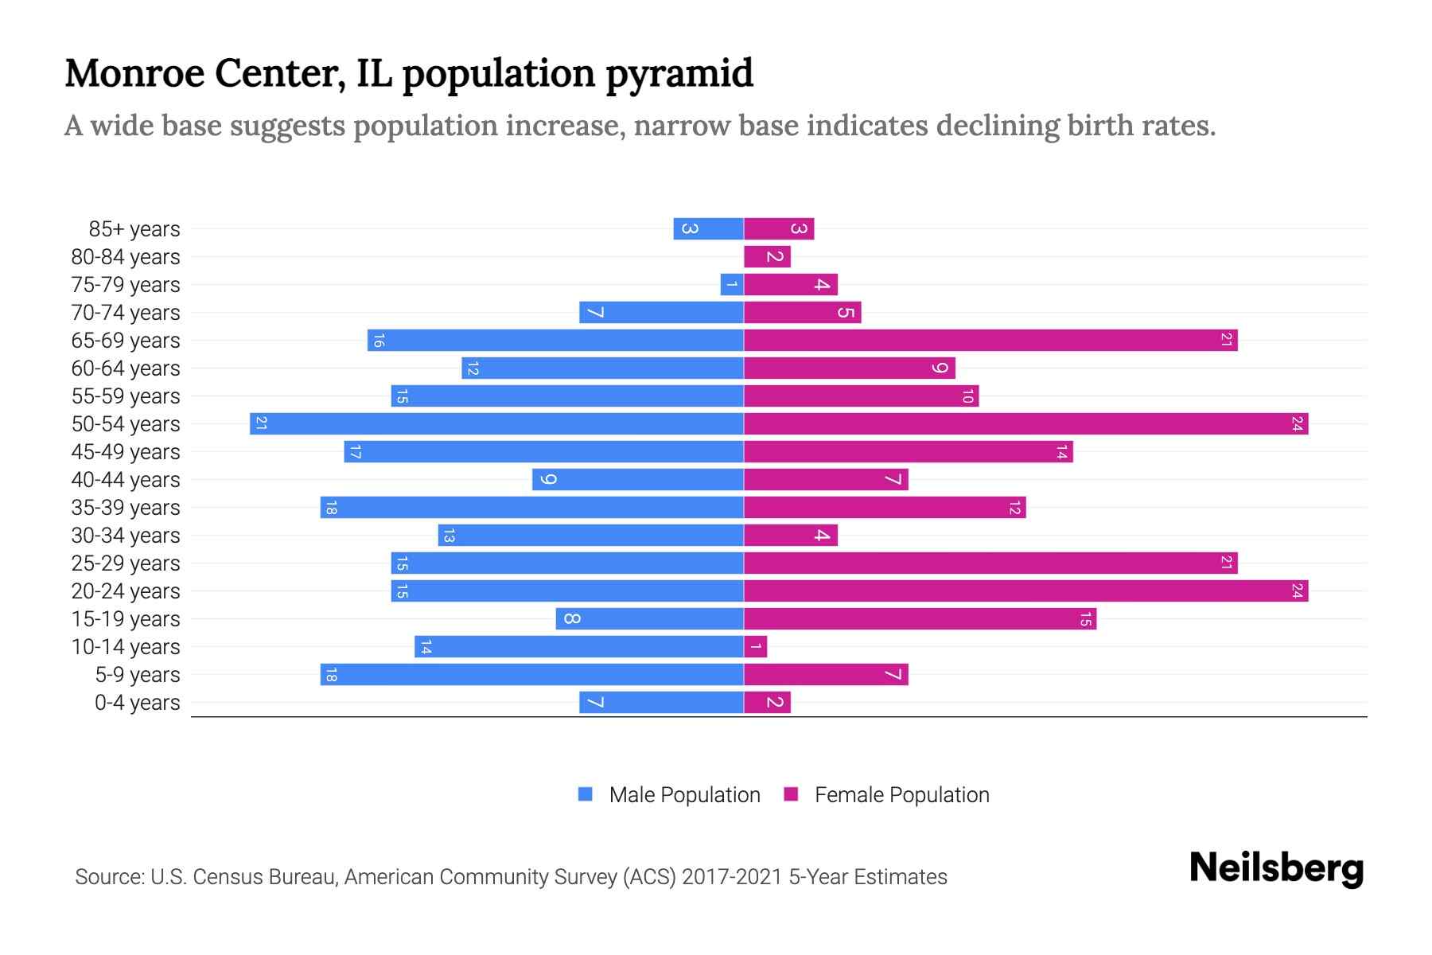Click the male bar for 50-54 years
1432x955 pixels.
[496, 423]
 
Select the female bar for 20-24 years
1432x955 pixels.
[1025, 591]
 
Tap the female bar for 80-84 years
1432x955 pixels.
[767, 256]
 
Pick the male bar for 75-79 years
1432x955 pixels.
[732, 284]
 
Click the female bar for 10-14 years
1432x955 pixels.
[755, 646]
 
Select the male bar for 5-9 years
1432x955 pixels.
[531, 674]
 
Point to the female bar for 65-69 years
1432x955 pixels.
[990, 340]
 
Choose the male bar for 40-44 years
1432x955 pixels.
[638, 479]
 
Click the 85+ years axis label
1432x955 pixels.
[134, 229]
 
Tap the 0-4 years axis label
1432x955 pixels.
[137, 703]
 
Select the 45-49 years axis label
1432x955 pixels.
[126, 452]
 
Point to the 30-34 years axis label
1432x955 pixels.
[126, 536]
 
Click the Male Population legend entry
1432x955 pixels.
[684, 794]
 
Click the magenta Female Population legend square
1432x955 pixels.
[791, 794]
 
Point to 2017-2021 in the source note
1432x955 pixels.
[731, 876]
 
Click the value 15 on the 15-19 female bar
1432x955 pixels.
[1085, 619]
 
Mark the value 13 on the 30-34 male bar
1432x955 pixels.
[449, 536]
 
